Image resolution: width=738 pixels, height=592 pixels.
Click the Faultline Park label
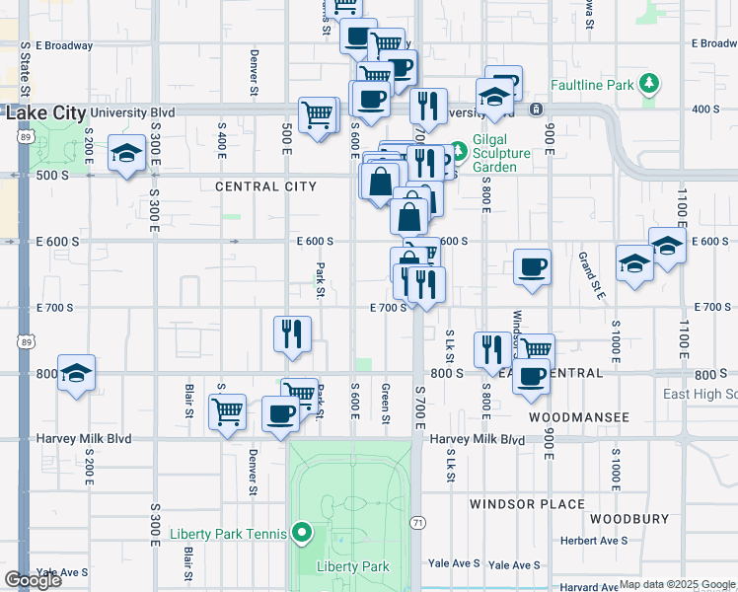point(592,85)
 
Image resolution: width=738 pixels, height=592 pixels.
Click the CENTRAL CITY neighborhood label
point(265,186)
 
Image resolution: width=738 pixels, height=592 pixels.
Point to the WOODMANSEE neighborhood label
point(578,417)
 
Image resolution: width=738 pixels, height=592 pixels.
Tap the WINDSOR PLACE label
point(527,504)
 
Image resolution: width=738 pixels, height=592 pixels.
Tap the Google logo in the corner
point(33,580)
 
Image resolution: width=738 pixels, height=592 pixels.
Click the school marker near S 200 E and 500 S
point(127,155)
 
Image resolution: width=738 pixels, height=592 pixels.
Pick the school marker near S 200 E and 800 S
point(76,374)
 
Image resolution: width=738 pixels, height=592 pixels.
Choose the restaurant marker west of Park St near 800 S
point(293,334)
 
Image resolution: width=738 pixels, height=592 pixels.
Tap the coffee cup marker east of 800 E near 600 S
point(532,267)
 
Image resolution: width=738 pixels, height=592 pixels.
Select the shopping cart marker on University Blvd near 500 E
point(318,116)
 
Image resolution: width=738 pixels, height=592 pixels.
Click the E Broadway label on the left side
point(63,45)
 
